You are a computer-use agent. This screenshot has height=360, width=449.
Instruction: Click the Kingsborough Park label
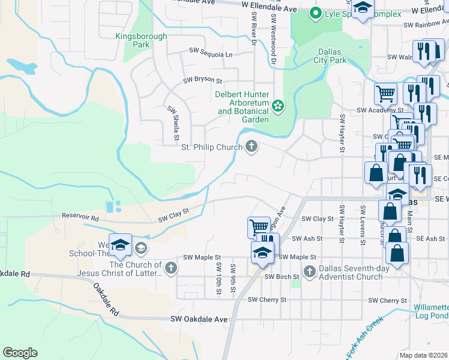click(x=141, y=40)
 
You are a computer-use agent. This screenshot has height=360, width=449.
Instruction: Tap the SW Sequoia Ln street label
click(x=211, y=53)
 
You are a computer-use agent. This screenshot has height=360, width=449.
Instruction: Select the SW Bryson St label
click(x=202, y=80)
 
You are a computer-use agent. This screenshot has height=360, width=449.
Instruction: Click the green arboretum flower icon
click(x=278, y=106)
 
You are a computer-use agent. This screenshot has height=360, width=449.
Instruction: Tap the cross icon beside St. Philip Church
click(x=253, y=146)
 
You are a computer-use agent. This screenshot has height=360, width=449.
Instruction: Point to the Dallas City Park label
click(x=330, y=56)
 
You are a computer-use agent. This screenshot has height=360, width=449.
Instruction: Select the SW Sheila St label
click(x=173, y=123)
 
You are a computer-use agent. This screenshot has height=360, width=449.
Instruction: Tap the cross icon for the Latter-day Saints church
click(x=171, y=268)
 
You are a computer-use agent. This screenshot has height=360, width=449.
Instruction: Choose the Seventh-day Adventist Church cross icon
click(x=310, y=272)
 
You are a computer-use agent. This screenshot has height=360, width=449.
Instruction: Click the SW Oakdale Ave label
click(x=199, y=320)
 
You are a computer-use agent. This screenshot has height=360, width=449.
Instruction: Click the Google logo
click(x=20, y=353)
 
